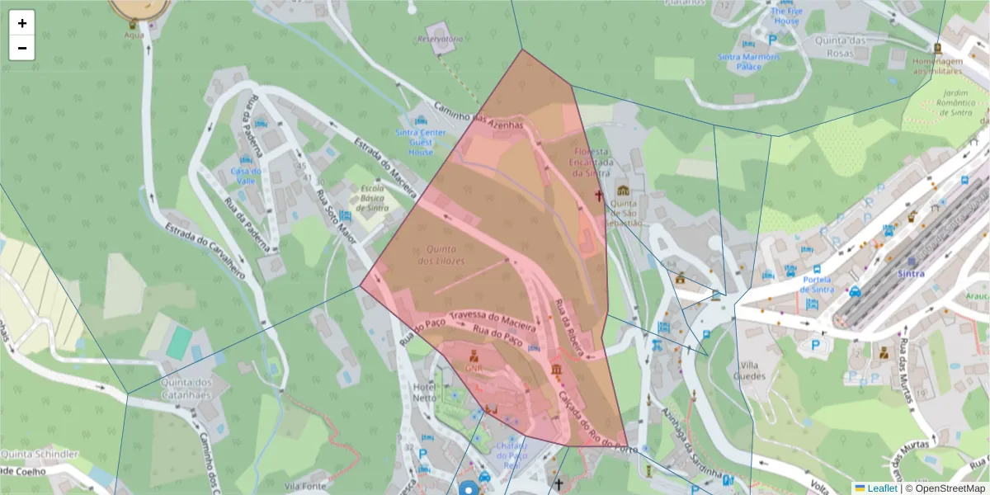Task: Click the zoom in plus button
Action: pos(22,23)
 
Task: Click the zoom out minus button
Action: pos(22,48)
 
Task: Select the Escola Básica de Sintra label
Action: pos(374,198)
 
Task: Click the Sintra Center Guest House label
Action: pos(421,142)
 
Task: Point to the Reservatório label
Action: pos(440,39)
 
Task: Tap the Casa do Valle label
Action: pos(246,176)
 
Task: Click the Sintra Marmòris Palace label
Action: pos(749,61)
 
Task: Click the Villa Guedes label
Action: pos(753,370)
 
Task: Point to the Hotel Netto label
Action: pos(424,392)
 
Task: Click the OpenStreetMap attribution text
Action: pos(947,488)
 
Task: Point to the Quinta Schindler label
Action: pos(39,455)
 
